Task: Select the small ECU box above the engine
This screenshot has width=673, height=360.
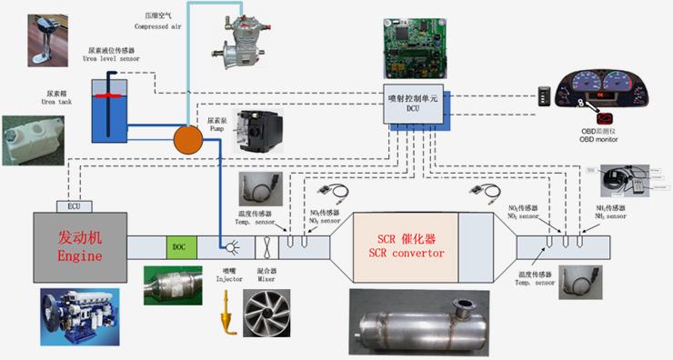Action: [x=73, y=205]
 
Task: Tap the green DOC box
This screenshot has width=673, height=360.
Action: [x=178, y=246]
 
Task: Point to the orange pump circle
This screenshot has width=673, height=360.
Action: [x=189, y=139]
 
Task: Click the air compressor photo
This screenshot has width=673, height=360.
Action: [x=232, y=45]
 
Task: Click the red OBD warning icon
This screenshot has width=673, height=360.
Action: [x=604, y=117]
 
